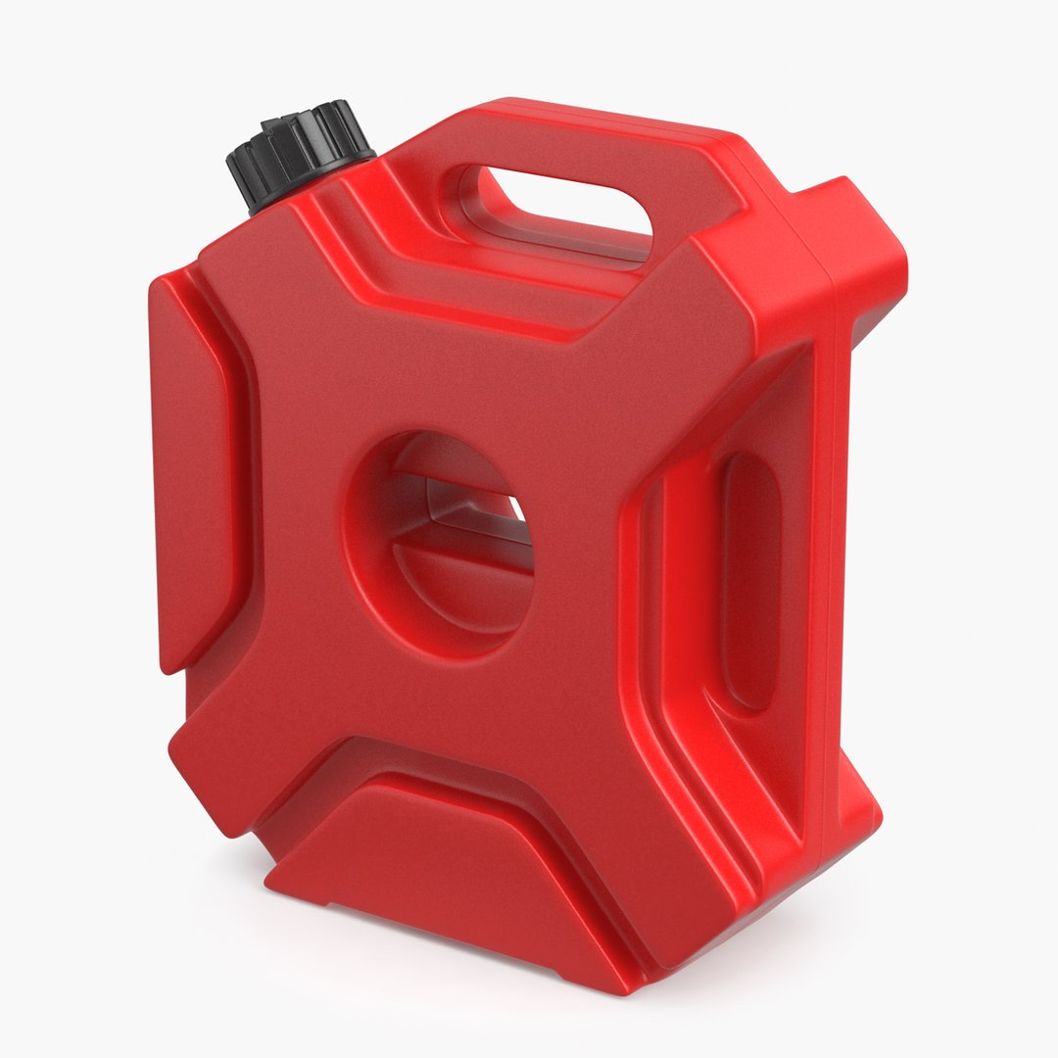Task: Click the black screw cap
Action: click(x=299, y=152)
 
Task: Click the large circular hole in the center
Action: click(x=441, y=544)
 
